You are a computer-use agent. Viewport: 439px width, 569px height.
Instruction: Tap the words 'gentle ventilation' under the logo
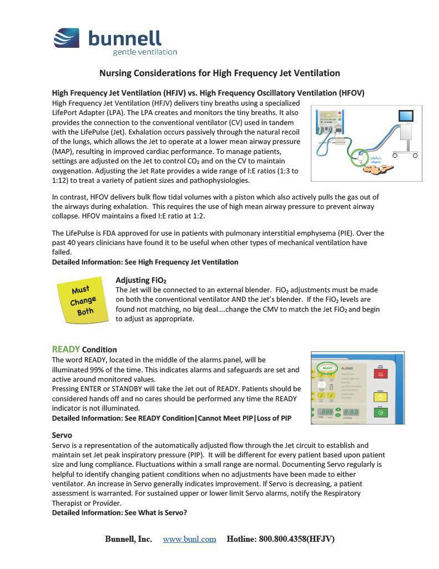tap(145, 52)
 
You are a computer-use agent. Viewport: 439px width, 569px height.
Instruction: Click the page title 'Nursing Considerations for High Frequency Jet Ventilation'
tap(219, 73)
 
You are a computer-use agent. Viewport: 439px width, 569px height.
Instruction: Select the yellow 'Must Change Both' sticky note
tap(83, 300)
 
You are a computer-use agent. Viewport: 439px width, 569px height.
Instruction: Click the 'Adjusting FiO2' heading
tap(140, 280)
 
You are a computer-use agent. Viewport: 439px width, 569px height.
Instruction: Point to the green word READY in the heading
tap(66, 349)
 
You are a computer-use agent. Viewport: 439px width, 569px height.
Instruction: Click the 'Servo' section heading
tap(62, 435)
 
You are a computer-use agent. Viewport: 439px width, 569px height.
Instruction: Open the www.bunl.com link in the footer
tap(189, 539)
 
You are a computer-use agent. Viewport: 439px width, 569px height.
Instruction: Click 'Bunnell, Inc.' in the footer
tap(128, 539)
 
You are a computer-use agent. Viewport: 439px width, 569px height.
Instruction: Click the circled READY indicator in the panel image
tap(327, 368)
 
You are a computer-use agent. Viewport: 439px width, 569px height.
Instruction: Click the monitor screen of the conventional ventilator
tap(406, 116)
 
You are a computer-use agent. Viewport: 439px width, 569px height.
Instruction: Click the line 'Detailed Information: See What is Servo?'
tap(119, 512)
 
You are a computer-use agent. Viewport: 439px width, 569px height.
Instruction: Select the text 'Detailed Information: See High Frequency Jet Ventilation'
tap(145, 262)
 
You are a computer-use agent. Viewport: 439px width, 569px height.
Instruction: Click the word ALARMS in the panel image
tap(347, 368)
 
